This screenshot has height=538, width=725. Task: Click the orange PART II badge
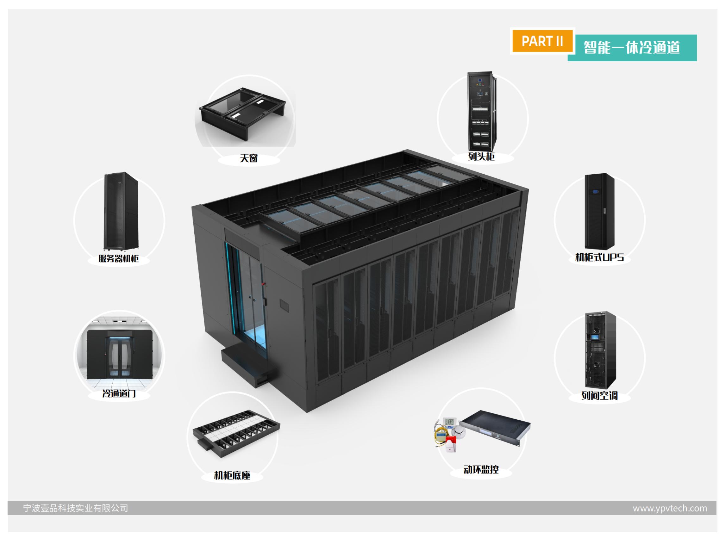coord(542,41)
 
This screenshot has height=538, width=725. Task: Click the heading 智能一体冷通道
coord(631,48)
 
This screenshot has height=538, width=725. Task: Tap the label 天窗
coord(249,158)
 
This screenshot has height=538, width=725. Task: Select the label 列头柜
coord(481,157)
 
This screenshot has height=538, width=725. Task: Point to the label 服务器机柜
coord(119,259)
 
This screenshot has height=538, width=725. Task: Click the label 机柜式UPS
coord(599,257)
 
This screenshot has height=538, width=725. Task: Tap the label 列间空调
coord(600,396)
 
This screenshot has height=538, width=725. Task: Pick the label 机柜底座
coord(232,475)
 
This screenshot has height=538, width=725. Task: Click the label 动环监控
coord(481,470)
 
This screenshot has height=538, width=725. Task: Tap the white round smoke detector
coord(459,432)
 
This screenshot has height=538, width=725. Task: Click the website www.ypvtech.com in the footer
coord(670,508)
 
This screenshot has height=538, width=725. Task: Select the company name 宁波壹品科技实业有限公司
coord(76,508)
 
